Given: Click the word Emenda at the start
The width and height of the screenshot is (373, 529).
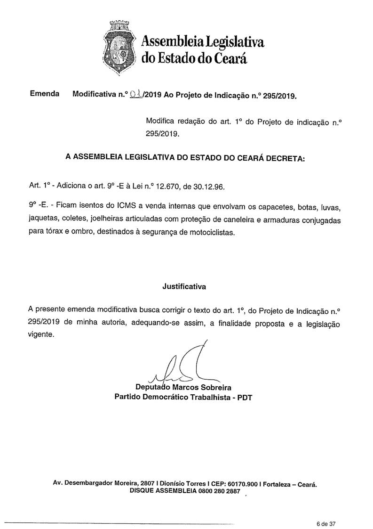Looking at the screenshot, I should coord(44,94).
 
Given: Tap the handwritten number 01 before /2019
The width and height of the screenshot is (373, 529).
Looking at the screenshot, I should coord(135,94).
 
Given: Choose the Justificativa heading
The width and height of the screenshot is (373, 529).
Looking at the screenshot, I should coord(184,286).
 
